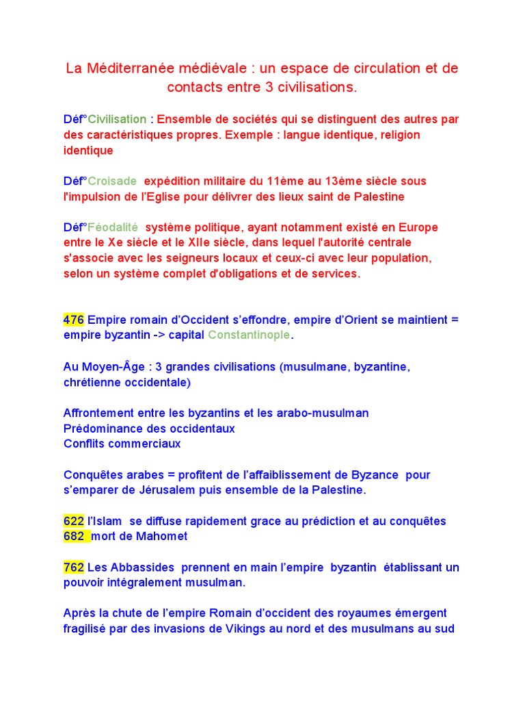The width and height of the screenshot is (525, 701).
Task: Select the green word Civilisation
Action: (117, 119)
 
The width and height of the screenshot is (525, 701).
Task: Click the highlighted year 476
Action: (73, 320)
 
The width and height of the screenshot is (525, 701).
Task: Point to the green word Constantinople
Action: (249, 335)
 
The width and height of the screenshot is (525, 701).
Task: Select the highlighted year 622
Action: (73, 522)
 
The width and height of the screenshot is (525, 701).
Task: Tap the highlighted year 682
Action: (75, 537)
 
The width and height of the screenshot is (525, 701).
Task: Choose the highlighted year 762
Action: (73, 568)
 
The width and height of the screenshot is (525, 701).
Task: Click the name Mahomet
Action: (162, 537)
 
